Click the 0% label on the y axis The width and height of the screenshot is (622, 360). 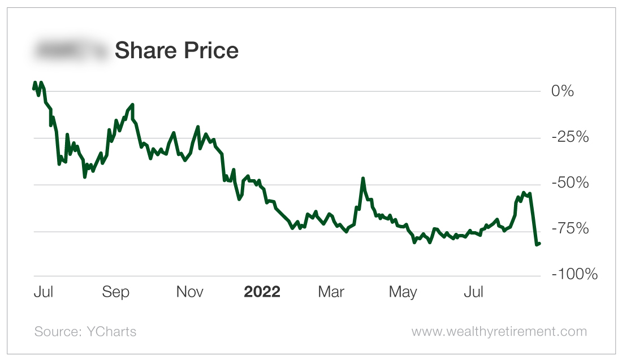563,91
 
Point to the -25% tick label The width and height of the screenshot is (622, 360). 569,137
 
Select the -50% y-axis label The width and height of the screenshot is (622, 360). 569,184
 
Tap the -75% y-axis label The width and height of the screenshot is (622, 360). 569,229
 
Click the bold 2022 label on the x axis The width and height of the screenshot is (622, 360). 262,292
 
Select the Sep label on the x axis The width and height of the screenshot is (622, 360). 115,292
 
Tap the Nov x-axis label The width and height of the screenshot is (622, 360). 190,292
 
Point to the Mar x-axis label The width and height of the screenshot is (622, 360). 331,292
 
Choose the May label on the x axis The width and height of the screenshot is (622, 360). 403,292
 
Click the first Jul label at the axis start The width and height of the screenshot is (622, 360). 44,292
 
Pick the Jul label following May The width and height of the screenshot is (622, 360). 474,292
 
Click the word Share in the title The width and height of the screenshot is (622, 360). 145,51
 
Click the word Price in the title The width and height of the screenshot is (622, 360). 210,51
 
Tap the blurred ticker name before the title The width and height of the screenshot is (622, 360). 70,51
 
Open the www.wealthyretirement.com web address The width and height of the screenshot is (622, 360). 499,331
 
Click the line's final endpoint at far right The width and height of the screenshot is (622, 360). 539,244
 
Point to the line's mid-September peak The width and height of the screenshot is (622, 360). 132,105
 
